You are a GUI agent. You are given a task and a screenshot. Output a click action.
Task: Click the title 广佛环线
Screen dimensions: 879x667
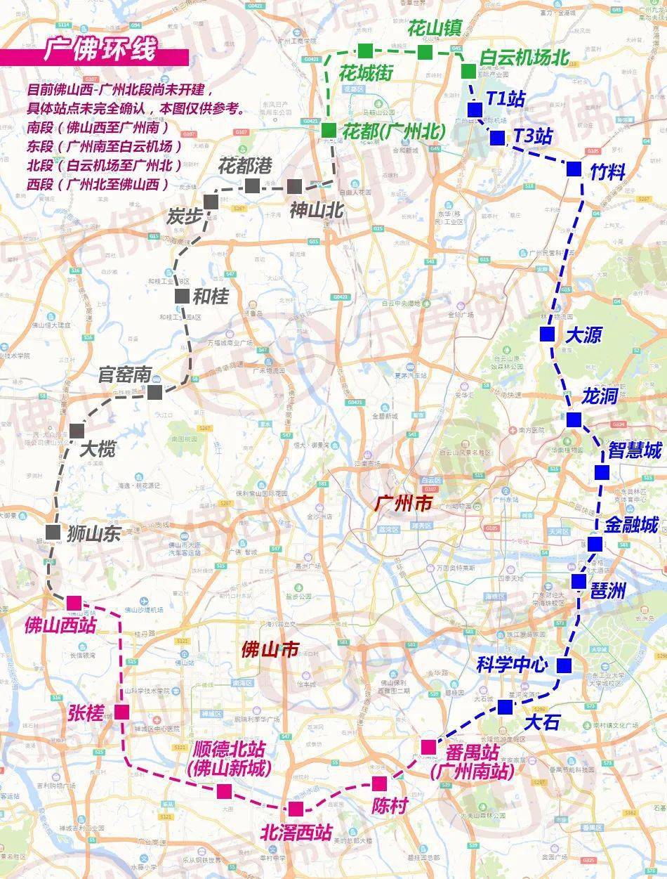point(99,51)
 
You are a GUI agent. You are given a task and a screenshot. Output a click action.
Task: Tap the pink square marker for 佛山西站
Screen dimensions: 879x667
point(74,603)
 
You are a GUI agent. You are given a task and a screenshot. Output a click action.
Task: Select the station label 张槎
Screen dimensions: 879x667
point(86,712)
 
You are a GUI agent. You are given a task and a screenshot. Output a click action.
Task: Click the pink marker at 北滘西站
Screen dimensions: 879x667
point(296,809)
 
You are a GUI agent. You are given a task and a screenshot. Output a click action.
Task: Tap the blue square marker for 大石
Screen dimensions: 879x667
point(505,706)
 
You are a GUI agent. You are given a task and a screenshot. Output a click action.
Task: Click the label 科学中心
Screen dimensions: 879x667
point(512,665)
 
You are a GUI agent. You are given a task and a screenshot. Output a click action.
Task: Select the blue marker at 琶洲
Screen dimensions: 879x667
point(579,581)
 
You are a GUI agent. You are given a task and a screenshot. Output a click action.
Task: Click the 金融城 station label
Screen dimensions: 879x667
point(632,525)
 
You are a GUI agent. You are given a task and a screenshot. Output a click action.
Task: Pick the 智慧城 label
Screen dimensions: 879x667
point(635,450)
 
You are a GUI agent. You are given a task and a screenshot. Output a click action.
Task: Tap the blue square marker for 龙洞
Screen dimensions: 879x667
point(574,420)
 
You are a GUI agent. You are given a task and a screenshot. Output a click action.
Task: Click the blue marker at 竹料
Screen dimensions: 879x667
point(574,169)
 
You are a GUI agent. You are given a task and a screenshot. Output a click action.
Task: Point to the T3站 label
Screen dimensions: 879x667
point(533,136)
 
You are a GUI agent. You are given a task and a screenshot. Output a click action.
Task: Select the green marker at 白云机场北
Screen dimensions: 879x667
point(468,71)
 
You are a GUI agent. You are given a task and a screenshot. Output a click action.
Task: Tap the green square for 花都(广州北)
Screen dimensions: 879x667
point(329,130)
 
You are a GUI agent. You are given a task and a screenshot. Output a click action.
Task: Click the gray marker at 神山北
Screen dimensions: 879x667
point(295,186)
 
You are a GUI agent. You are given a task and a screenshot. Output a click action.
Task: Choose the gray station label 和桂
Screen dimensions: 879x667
point(211,297)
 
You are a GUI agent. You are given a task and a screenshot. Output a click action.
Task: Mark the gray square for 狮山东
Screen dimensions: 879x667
point(53,532)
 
